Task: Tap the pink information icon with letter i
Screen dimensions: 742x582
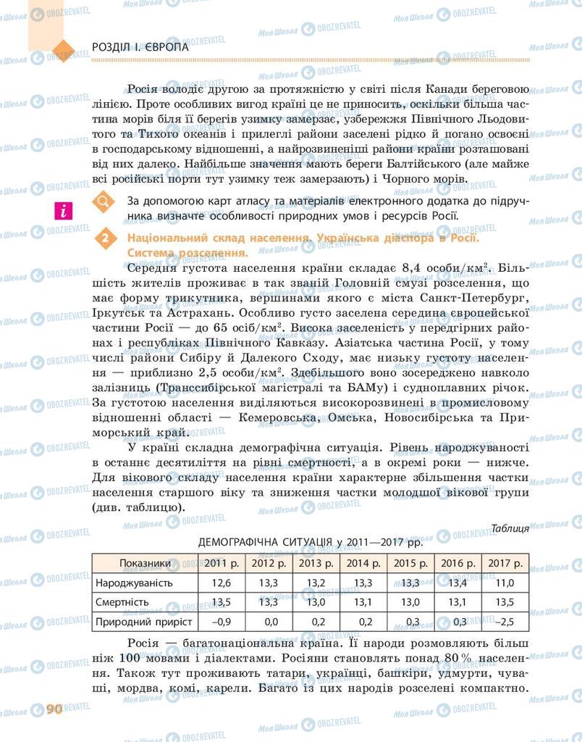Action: coord(64,211)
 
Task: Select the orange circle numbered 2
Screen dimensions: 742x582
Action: coord(106,238)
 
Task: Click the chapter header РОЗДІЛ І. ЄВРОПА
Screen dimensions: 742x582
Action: coord(140,47)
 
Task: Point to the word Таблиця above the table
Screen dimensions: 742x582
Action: coord(509,528)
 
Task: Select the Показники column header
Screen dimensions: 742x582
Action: coord(145,563)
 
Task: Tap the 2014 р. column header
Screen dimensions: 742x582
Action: coord(363,563)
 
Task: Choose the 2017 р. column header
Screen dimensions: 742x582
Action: coord(505,563)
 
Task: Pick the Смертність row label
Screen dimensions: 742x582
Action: coord(122,602)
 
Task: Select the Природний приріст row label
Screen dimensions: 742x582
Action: coord(143,622)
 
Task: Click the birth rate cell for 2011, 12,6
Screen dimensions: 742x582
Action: coord(221,583)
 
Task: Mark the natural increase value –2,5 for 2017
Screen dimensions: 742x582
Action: coord(505,622)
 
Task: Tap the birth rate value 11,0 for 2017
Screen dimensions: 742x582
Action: coord(505,583)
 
